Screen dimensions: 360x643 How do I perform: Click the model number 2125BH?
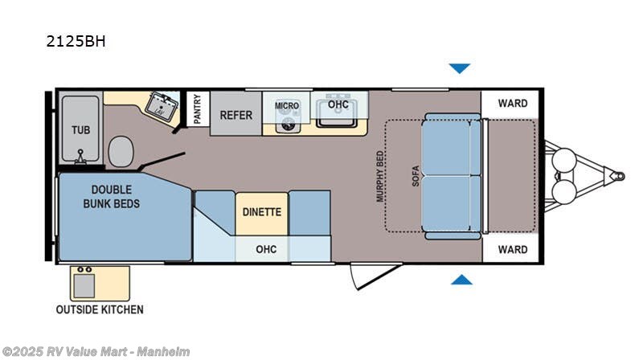[76, 40]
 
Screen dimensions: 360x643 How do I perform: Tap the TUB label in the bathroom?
[80, 130]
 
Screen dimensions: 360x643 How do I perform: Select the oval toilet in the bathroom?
[121, 149]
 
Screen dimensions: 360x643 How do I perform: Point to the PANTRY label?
[197, 108]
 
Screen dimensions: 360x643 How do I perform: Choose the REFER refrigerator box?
[236, 115]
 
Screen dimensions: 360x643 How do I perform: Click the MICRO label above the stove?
[287, 106]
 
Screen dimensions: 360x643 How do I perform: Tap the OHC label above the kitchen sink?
[338, 104]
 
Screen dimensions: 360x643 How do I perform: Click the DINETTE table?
[261, 212]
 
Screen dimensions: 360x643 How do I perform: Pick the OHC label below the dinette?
[265, 249]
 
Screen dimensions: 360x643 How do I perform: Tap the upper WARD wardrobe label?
[512, 104]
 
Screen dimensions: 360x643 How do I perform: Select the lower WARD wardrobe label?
[512, 249]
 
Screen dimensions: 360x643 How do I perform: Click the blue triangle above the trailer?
[459, 68]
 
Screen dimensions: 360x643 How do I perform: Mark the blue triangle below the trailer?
[461, 280]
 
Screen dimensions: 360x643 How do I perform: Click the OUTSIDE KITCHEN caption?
[100, 309]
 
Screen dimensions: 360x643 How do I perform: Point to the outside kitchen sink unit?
[84, 282]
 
